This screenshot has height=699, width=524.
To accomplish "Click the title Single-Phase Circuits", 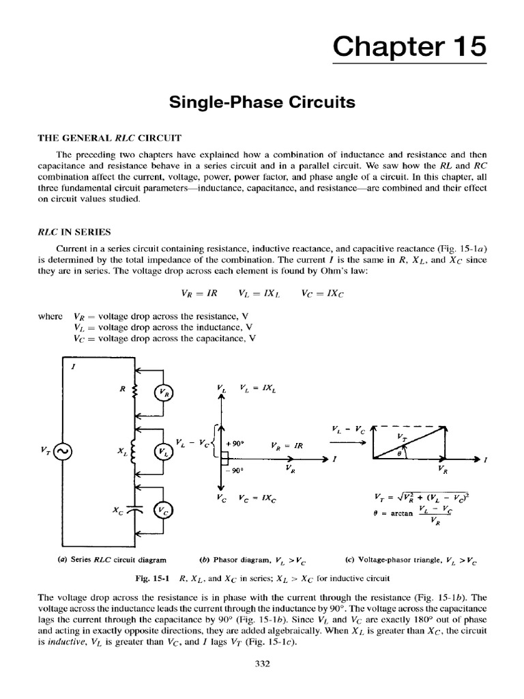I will point(262,103).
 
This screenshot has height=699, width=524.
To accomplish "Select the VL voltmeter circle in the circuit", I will point(163,451).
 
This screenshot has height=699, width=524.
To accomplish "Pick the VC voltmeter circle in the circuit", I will point(163,509).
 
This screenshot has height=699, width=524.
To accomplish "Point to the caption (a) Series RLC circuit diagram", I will point(111,560).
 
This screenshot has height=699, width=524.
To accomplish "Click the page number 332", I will point(262,662).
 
